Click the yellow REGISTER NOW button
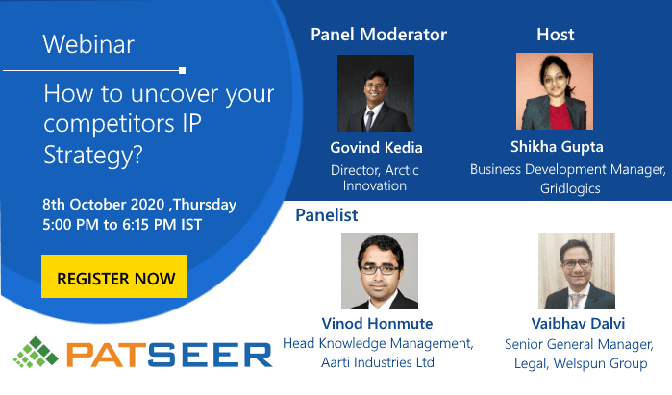[x=114, y=277]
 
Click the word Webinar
[x=88, y=44]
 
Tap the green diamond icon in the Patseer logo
[x=36, y=352]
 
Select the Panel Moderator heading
[x=379, y=35]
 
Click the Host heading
[x=556, y=35]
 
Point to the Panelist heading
[x=327, y=215]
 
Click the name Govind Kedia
[x=376, y=148]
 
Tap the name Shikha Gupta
[x=557, y=147]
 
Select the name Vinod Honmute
[x=377, y=324]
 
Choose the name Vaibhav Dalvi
[x=578, y=324]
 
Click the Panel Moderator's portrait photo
[x=376, y=93]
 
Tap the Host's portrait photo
[x=555, y=91]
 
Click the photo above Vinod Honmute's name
[x=380, y=271]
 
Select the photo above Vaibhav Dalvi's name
[x=577, y=271]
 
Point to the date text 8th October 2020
[x=103, y=205]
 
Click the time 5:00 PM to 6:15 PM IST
[x=122, y=225]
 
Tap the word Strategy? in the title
[x=93, y=155]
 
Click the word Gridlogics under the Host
[x=570, y=188]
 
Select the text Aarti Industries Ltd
[x=378, y=362]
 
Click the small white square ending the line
[x=182, y=71]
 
